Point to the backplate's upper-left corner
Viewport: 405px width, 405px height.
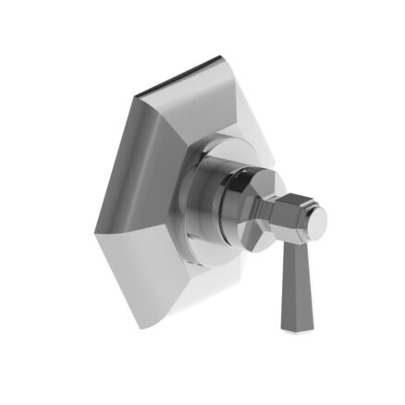pos(136,93)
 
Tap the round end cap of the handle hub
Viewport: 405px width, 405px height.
pos(315,220)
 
